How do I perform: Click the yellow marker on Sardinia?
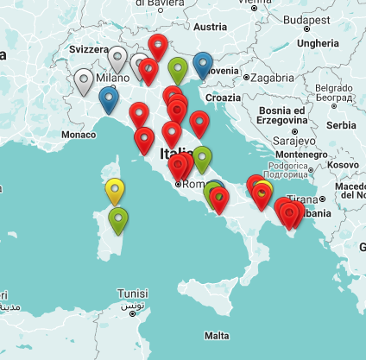click(115, 189)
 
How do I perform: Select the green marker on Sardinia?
click(118, 219)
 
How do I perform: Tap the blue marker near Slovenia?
click(204, 64)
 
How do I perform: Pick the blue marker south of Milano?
click(109, 98)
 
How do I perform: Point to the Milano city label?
click(112, 78)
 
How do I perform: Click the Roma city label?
click(189, 184)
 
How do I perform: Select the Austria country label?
click(210, 27)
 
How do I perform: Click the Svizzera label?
click(90, 50)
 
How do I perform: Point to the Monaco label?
click(78, 135)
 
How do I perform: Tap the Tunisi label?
click(133, 293)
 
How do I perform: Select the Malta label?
click(217, 335)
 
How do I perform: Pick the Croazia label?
click(224, 98)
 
